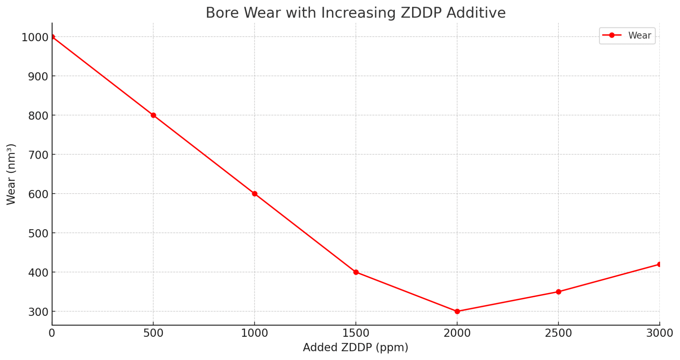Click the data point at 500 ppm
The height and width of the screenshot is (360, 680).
pyautogui.click(x=153, y=115)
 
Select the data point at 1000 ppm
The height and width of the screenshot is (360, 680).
pyautogui.click(x=255, y=194)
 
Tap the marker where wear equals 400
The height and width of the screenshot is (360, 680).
pyautogui.click(x=356, y=272)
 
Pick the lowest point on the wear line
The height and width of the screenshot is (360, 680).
pyautogui.click(x=457, y=311)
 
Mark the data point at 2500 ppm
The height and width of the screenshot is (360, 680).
pyautogui.click(x=558, y=292)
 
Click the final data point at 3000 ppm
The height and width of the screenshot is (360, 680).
pyautogui.click(x=659, y=264)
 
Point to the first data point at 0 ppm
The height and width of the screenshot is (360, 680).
pyautogui.click(x=52, y=37)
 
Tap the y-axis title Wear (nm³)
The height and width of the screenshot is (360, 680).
pyautogui.click(x=11, y=174)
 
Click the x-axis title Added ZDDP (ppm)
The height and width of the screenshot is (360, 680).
pyautogui.click(x=356, y=347)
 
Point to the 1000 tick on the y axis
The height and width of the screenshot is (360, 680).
pyautogui.click(x=35, y=37)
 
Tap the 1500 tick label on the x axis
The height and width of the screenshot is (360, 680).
pyautogui.click(x=356, y=333)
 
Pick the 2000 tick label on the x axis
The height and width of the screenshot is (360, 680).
pyautogui.click(x=457, y=333)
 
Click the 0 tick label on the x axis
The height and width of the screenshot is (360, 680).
pyautogui.click(x=52, y=333)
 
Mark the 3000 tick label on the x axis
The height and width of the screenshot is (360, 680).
pyautogui.click(x=659, y=333)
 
